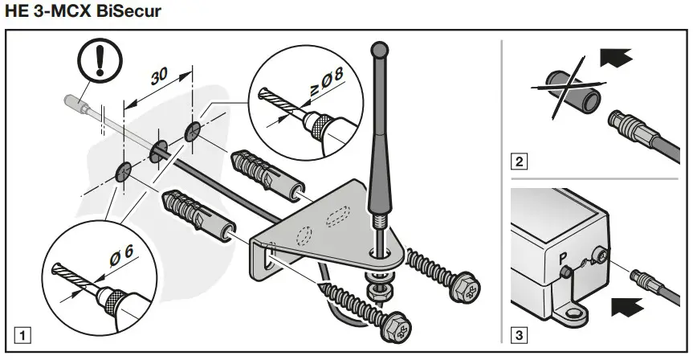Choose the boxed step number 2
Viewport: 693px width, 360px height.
(x=521, y=162)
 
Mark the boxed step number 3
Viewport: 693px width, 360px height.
(x=521, y=331)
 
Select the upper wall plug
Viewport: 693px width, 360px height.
(x=265, y=170)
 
